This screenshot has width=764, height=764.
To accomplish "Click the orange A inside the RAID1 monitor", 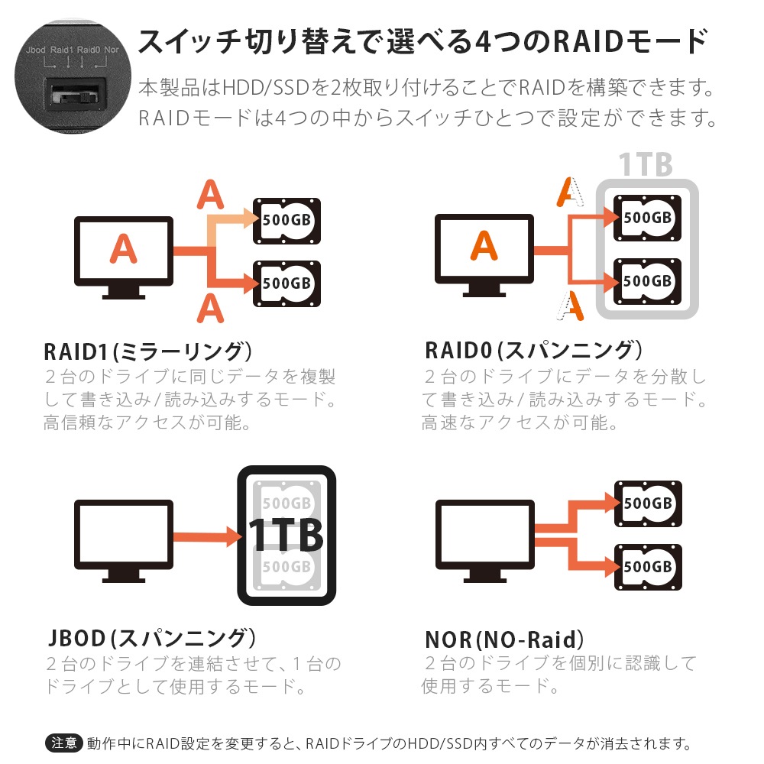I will [x=123, y=248].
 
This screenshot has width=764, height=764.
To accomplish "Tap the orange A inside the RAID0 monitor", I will [x=484, y=246].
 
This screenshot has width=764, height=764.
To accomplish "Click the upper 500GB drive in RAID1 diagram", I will [x=286, y=221].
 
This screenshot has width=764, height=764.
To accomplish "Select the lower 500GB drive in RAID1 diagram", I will [x=286, y=283].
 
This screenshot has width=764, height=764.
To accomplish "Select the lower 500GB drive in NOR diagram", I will [x=648, y=567].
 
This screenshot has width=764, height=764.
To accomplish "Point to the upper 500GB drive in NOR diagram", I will [x=648, y=504].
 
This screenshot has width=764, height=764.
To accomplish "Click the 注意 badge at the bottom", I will [x=64, y=742].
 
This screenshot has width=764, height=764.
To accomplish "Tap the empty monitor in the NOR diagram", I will [x=484, y=532].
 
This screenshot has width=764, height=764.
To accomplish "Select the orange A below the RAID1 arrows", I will [x=209, y=309].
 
